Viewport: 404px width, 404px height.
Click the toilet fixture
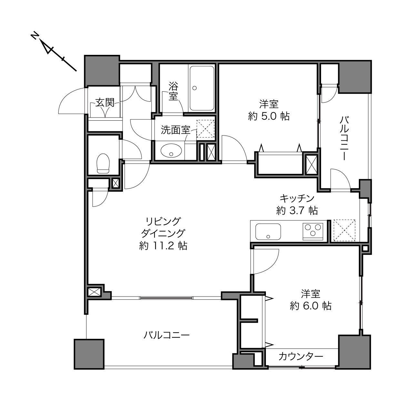tap(103, 163)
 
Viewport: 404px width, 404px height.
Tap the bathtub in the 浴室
tap(202, 88)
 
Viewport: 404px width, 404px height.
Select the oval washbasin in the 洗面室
tap(171, 151)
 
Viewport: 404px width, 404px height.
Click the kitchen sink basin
tap(268, 232)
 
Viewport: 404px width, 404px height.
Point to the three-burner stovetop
tap(313, 231)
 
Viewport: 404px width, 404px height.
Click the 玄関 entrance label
tap(105, 103)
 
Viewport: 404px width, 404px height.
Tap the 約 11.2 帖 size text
tap(163, 246)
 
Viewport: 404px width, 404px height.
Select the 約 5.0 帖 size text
tap(269, 116)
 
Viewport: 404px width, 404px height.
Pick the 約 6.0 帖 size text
tap(311, 306)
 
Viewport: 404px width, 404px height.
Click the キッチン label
tap(297, 198)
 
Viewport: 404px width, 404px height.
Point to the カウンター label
tap(301, 356)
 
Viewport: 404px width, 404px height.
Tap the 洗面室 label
tap(176, 130)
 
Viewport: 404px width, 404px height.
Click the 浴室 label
tap(173, 91)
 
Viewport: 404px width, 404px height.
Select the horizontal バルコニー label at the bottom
tap(167, 335)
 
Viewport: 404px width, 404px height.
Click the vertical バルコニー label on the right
tap(344, 138)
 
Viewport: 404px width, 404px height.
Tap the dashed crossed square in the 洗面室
tap(206, 129)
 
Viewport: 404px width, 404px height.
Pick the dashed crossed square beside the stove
tap(344, 230)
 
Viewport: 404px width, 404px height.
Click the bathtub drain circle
tap(195, 88)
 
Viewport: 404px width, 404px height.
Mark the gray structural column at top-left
tap(102, 71)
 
